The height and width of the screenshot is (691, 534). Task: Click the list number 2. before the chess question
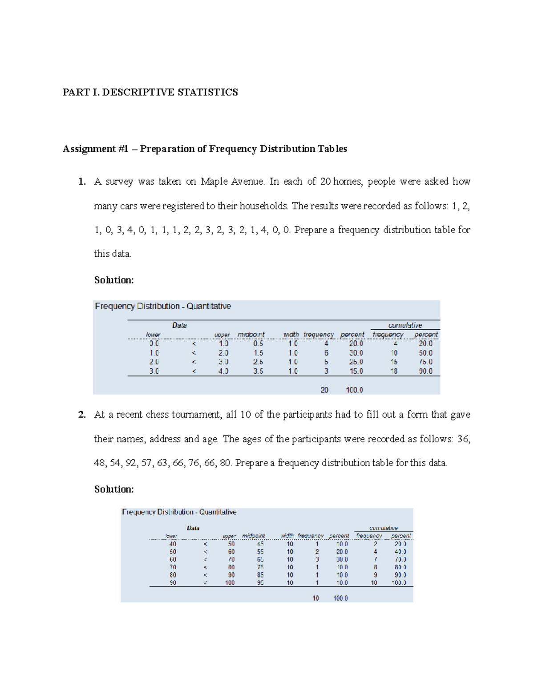[x=81, y=415]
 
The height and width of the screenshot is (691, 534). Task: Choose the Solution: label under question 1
[x=114, y=280]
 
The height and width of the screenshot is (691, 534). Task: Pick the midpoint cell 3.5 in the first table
[x=258, y=371]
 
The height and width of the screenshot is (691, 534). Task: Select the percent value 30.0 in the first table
[x=356, y=353]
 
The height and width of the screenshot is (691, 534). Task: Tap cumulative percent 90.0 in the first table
[x=425, y=371]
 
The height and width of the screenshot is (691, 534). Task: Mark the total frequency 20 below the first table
[x=324, y=390]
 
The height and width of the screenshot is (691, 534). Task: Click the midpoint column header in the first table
[x=251, y=334]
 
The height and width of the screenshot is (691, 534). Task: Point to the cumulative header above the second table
[x=384, y=528]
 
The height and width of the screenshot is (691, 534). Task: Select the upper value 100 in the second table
[x=230, y=582]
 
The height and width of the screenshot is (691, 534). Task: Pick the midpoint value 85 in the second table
[x=260, y=575]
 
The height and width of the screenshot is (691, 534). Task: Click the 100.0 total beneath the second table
[x=340, y=598]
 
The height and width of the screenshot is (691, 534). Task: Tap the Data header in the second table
[x=193, y=528]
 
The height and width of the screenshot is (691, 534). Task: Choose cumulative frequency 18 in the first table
[x=394, y=371]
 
